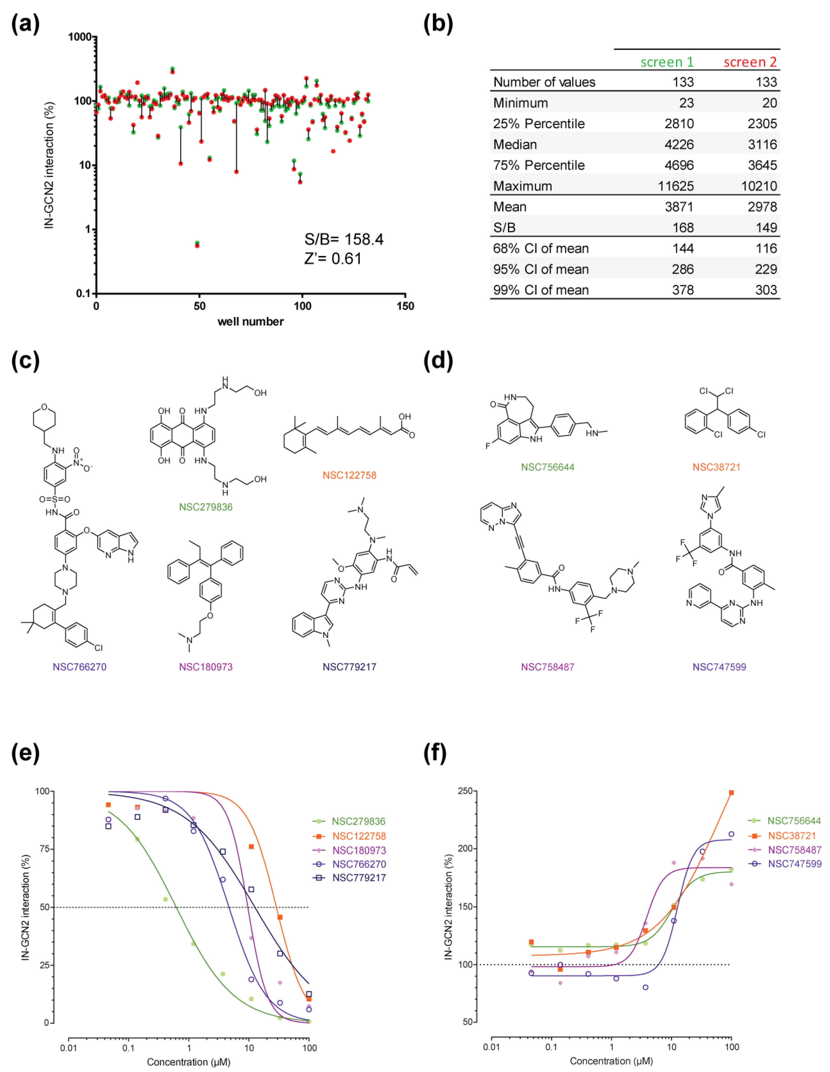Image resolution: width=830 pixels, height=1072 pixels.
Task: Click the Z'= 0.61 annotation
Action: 332,259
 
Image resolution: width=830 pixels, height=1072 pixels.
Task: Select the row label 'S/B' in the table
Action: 504,228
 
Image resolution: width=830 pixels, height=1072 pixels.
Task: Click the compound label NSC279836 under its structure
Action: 206,507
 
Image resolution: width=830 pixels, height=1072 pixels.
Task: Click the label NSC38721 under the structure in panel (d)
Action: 716,467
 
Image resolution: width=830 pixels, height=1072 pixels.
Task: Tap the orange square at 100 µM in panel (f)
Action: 731,793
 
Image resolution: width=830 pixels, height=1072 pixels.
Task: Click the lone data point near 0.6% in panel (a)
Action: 197,244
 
